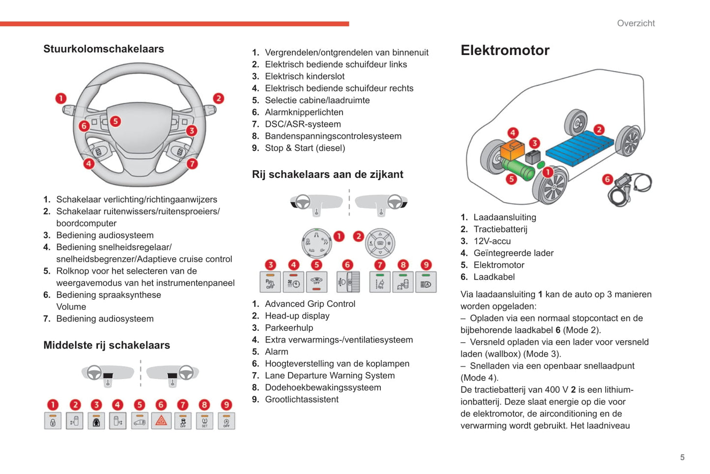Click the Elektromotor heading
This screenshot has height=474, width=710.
(x=505, y=50)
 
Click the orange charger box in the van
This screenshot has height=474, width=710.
(x=512, y=149)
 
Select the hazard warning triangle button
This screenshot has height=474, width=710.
(x=161, y=421)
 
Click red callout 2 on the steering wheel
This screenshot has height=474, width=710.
(x=218, y=98)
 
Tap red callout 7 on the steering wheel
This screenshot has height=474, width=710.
(x=192, y=164)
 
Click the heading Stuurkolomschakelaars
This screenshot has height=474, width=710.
(x=104, y=49)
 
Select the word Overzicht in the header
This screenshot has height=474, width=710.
(x=636, y=23)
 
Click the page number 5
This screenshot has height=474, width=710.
(x=682, y=457)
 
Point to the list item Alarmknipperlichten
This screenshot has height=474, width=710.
(x=304, y=112)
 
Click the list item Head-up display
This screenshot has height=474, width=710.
(x=297, y=316)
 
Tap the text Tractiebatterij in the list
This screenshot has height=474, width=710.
(x=500, y=229)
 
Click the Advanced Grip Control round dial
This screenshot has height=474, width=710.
(x=316, y=243)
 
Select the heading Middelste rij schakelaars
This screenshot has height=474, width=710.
(x=107, y=345)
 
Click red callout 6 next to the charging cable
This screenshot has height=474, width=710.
(x=607, y=179)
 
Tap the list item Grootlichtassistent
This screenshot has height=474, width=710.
(x=301, y=399)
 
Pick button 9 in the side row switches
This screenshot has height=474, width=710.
(x=426, y=283)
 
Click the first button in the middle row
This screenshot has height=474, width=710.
(x=53, y=421)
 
